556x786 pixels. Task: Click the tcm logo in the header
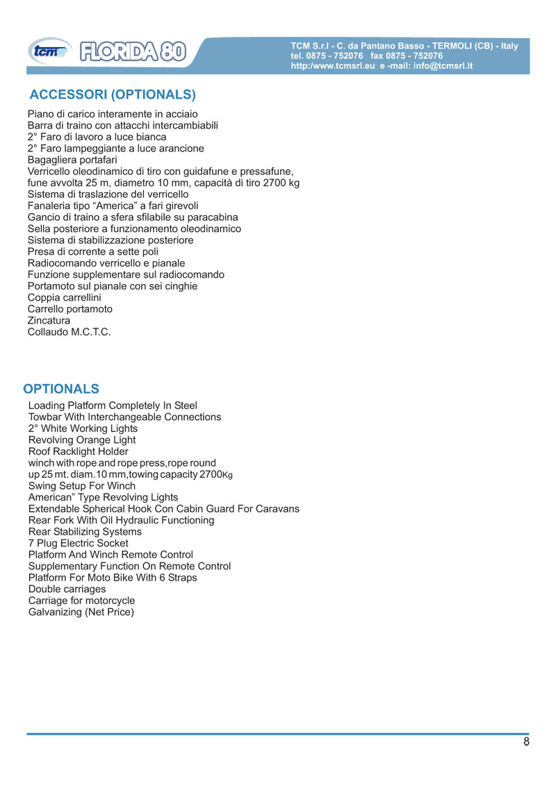[49, 52]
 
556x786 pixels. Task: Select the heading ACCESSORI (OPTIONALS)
[113, 94]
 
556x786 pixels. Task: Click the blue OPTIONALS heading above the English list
[61, 388]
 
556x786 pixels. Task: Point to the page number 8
[526, 742]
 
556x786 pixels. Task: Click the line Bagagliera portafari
[67, 160]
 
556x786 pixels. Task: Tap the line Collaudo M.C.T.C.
[69, 332]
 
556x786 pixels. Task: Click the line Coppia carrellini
[64, 297]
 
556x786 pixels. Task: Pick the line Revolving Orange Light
[82, 440]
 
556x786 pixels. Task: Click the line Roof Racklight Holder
[78, 451]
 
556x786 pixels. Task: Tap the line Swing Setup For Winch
[82, 486]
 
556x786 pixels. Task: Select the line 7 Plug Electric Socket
[78, 543]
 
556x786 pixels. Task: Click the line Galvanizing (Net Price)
[81, 612]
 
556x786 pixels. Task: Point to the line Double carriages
[67, 589]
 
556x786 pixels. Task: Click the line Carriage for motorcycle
[81, 601]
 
